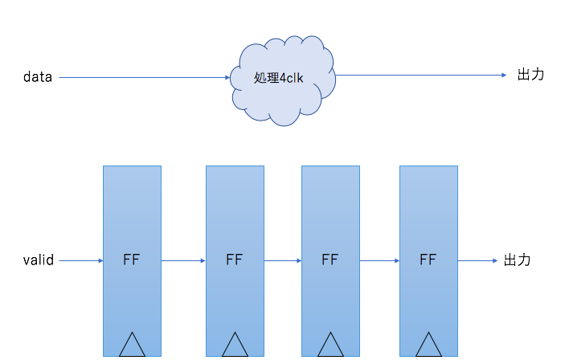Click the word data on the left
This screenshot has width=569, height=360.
pos(38,77)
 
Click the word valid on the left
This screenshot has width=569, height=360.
pos(38,260)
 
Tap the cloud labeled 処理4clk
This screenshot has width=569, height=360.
pos(281,79)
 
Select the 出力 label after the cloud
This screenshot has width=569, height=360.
pos(530,75)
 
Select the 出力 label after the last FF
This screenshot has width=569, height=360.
pos(518,260)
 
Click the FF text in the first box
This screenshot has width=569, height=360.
pos(132,260)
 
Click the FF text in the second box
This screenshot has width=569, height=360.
pos(235,260)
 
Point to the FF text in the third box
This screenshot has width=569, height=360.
pos(330,260)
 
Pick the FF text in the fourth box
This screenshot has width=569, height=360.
pos(428,260)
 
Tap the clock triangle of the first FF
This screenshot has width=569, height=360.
pos(132,346)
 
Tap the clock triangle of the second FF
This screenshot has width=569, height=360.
pos(235,346)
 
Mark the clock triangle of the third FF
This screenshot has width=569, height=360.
pos(330,346)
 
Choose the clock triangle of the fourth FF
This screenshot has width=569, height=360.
pos(428,346)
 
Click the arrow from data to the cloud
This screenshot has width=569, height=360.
pos(145,77)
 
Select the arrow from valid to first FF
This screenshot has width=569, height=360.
pos(80,260)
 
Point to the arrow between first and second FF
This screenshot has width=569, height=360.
pos(183,260)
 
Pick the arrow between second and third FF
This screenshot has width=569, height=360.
pos(282,260)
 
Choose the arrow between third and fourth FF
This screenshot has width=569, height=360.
pos(379,260)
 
